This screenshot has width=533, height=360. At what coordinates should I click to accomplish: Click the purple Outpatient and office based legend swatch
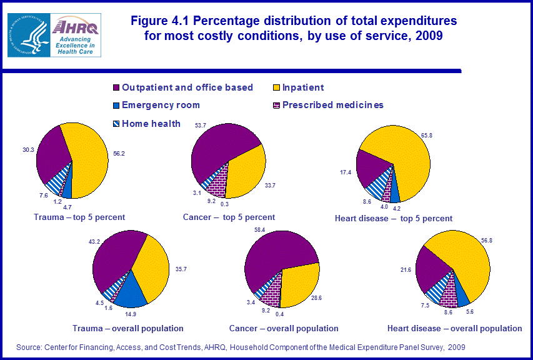116,87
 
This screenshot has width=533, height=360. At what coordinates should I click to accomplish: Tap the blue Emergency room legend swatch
116,105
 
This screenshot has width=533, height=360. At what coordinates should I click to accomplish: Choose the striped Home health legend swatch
116,123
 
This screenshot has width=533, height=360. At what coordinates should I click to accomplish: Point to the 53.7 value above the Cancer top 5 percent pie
202,126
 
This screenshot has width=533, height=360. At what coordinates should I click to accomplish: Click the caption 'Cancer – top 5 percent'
229,217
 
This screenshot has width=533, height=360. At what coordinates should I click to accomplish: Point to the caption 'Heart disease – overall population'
454,328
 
